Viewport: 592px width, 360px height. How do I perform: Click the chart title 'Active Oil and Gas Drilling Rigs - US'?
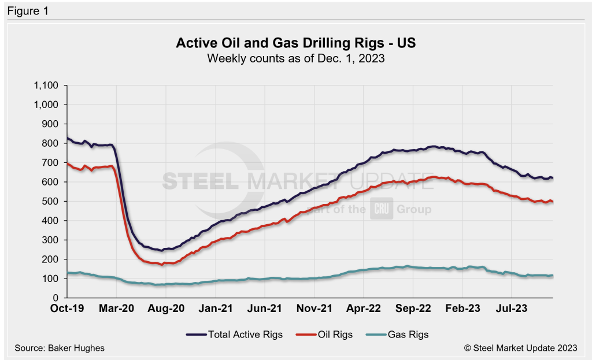click(295, 44)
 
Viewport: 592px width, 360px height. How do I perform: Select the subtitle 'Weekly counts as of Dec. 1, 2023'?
click(295, 58)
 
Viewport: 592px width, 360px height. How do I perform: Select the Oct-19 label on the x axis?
click(68, 309)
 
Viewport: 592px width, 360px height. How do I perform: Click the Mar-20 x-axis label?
click(117, 309)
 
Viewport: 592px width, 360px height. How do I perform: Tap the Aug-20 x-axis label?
click(166, 309)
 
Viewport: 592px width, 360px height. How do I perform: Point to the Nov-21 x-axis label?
click(313, 309)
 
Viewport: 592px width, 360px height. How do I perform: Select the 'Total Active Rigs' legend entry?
click(234, 334)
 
